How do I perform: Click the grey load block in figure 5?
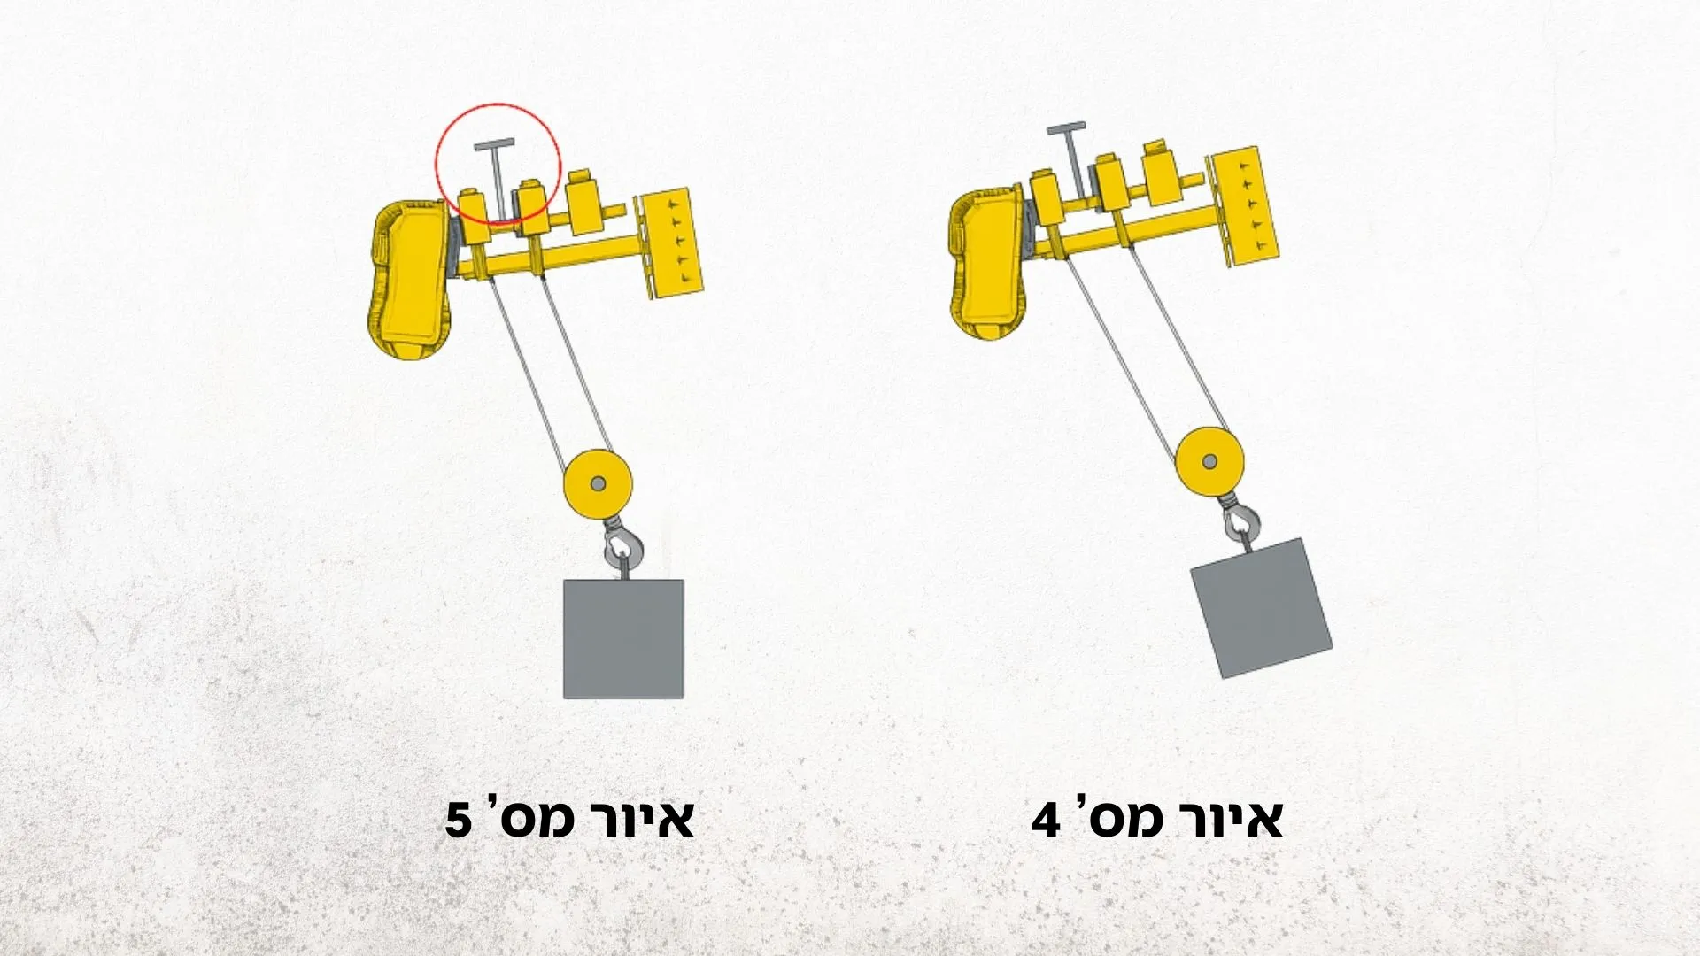pyautogui.click(x=623, y=639)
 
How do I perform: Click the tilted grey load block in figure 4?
pyautogui.click(x=1261, y=608)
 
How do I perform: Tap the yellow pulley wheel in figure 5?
pyautogui.click(x=598, y=484)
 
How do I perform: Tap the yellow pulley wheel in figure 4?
pyautogui.click(x=1209, y=460)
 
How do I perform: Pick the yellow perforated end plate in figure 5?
pyautogui.click(x=672, y=243)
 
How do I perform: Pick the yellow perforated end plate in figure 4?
pyautogui.click(x=1246, y=206)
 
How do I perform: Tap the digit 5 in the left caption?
pyautogui.click(x=459, y=821)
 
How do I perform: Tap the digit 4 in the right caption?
pyautogui.click(x=1046, y=821)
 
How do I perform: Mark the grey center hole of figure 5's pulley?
pyautogui.click(x=598, y=484)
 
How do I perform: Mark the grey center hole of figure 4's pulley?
pyautogui.click(x=1209, y=460)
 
